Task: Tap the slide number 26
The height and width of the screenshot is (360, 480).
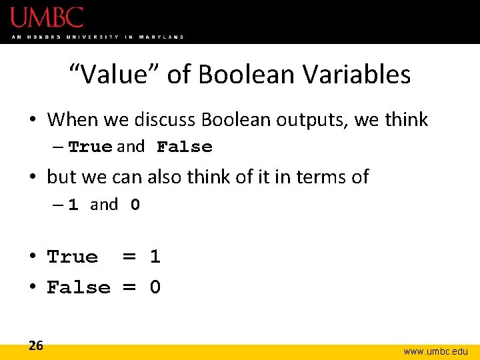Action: coord(36,345)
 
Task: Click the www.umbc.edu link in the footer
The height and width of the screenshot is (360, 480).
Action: coord(435,351)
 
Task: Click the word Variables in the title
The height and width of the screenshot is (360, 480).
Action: coord(357,75)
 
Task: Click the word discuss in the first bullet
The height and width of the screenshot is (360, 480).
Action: coord(165,120)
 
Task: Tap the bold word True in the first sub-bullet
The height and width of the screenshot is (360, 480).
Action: coord(90,147)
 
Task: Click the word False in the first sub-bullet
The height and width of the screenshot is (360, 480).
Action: coord(184,147)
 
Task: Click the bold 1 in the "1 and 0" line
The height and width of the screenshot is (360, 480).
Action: coord(73,205)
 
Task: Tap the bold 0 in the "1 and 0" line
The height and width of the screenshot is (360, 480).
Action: coord(135,205)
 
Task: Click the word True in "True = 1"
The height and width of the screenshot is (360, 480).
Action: coord(72,257)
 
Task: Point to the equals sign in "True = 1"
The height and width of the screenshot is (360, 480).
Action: coord(129,257)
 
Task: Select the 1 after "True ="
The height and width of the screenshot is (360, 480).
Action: coord(155,257)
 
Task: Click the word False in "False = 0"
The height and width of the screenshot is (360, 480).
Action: coord(79,287)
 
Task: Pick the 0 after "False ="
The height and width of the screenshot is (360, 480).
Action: coord(155,287)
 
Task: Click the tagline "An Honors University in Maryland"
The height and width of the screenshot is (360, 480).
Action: coord(97,37)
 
